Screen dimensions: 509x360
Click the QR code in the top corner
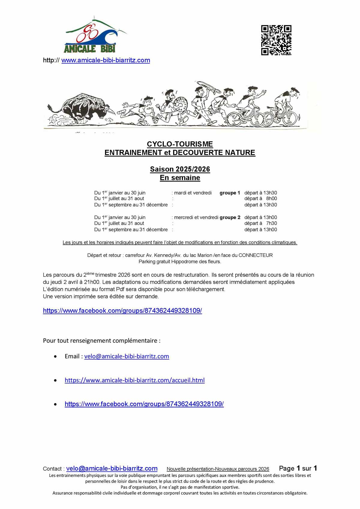(x=276, y=40)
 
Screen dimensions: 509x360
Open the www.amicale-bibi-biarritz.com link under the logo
(x=106, y=60)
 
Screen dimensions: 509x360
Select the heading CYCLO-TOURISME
(x=180, y=144)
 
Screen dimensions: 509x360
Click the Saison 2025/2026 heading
(x=180, y=169)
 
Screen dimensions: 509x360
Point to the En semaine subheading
(x=180, y=178)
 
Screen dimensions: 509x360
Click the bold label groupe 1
(x=230, y=193)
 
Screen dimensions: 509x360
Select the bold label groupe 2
(x=230, y=217)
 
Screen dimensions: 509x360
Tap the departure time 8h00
(x=271, y=199)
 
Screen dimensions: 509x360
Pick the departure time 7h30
(x=271, y=223)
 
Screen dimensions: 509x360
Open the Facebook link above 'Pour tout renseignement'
(x=122, y=311)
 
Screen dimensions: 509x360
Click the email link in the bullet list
(x=127, y=356)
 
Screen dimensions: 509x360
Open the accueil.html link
(x=135, y=380)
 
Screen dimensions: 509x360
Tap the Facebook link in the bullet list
(x=144, y=404)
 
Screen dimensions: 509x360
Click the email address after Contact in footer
(x=112, y=469)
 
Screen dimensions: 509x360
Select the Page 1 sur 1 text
(x=298, y=468)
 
